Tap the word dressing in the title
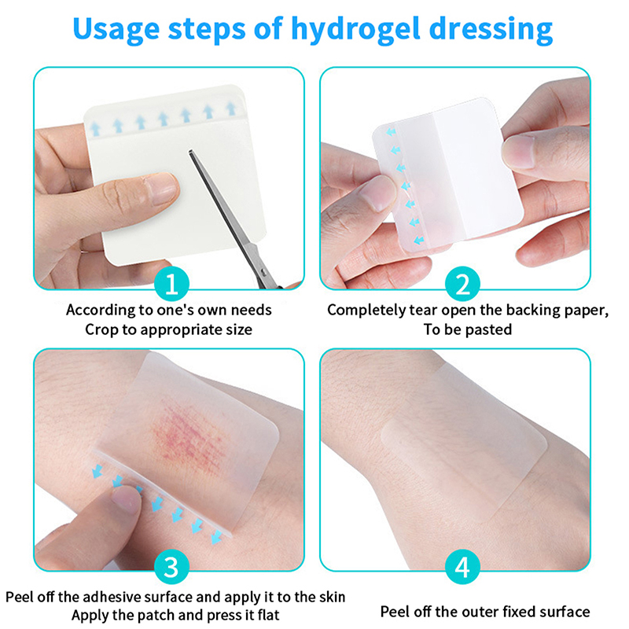point(491,30)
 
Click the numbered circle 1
point(171,285)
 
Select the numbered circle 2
point(462,285)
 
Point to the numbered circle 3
point(171,566)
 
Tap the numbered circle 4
point(462,566)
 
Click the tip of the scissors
point(190,152)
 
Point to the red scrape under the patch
point(189,437)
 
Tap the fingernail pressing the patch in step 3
point(125,499)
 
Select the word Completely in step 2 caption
point(366,310)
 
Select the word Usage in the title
point(116,30)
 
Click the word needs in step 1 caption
point(251,310)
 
